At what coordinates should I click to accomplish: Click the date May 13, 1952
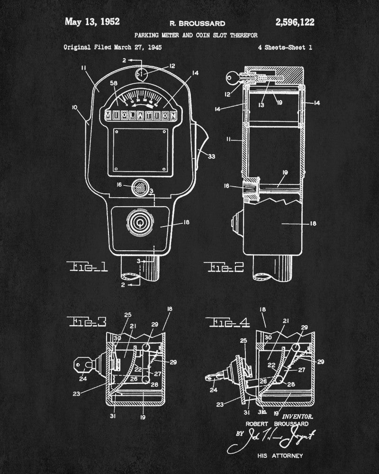coord(92,21)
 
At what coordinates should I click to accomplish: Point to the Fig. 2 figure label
coord(226,268)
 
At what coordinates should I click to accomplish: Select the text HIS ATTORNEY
coord(280,456)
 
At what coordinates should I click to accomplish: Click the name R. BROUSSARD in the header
coord(197,23)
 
